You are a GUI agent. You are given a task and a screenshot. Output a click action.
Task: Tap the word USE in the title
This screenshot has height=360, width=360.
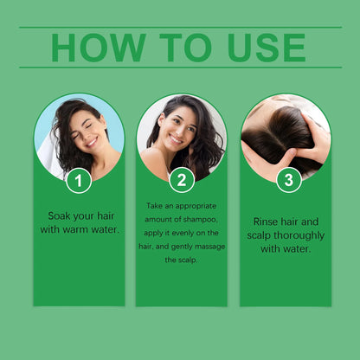[x=260, y=48]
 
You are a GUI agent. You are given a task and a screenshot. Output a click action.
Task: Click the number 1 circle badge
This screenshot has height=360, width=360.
[x=79, y=181]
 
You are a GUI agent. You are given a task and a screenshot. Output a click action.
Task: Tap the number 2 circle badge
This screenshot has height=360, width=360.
[x=181, y=180]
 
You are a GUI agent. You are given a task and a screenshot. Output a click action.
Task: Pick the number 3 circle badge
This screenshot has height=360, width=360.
[x=288, y=180]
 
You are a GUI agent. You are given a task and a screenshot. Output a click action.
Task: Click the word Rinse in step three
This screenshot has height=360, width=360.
[x=267, y=221]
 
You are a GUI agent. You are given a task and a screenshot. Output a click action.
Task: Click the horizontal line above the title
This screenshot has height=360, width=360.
[x=180, y=28]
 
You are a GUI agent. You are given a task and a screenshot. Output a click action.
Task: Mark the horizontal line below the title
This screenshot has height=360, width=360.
[x=180, y=67]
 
